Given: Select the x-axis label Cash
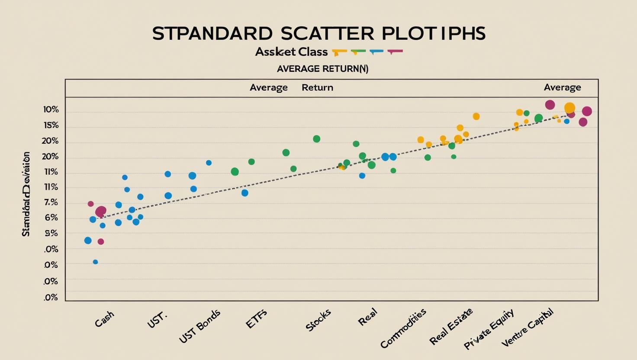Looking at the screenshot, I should pyautogui.click(x=105, y=319).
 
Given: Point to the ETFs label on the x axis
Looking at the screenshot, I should pyautogui.click(x=257, y=319).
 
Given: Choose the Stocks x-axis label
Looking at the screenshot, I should pyautogui.click(x=318, y=320).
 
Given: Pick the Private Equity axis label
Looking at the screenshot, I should pyautogui.click(x=489, y=329).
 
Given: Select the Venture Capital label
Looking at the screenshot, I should pyautogui.click(x=527, y=328).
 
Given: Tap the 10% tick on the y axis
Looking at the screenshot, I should pyautogui.click(x=51, y=109).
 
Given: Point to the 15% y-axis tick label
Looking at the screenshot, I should pyautogui.click(x=51, y=125).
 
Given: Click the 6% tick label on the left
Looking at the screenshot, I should pyautogui.click(x=51, y=218).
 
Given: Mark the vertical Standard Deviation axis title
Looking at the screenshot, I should pyautogui.click(x=26, y=194).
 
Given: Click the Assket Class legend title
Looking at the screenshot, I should pyautogui.click(x=291, y=52).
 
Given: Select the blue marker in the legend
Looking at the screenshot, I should pyautogui.click(x=376, y=51).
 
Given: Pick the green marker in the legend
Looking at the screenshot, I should pyautogui.click(x=358, y=51).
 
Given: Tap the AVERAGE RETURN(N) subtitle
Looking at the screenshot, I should pyautogui.click(x=322, y=69).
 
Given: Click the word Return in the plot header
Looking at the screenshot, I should pyautogui.click(x=317, y=87).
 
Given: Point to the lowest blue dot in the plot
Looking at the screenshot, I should pyautogui.click(x=96, y=262).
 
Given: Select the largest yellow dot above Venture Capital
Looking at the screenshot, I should pyautogui.click(x=569, y=108).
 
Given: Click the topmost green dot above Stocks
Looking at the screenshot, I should pyautogui.click(x=316, y=139).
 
